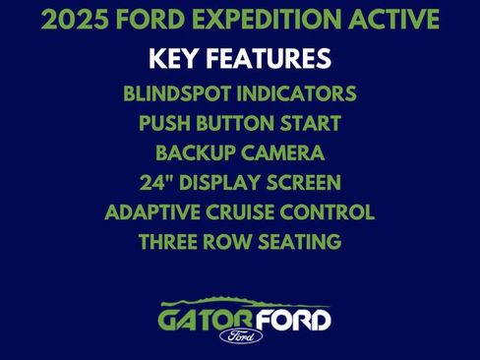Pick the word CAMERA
point(283,154)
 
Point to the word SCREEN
point(301,183)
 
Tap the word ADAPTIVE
point(153,212)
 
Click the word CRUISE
point(251,212)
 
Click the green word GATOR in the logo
point(202,320)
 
